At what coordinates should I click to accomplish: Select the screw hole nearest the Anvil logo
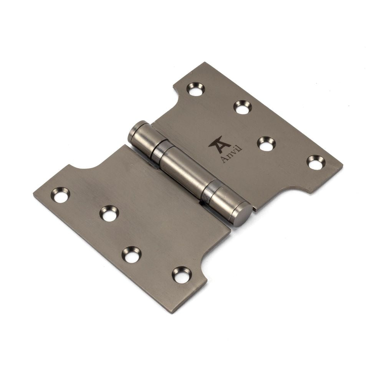pyautogui.click(x=266, y=143)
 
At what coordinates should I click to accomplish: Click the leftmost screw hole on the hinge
pyautogui.click(x=61, y=195)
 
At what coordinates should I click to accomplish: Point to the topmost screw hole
pyautogui.click(x=195, y=89)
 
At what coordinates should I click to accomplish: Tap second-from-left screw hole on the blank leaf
pyautogui.click(x=109, y=214)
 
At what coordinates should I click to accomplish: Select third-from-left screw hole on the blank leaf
pyautogui.click(x=131, y=255)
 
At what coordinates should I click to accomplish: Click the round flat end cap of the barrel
pyautogui.click(x=242, y=214)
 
